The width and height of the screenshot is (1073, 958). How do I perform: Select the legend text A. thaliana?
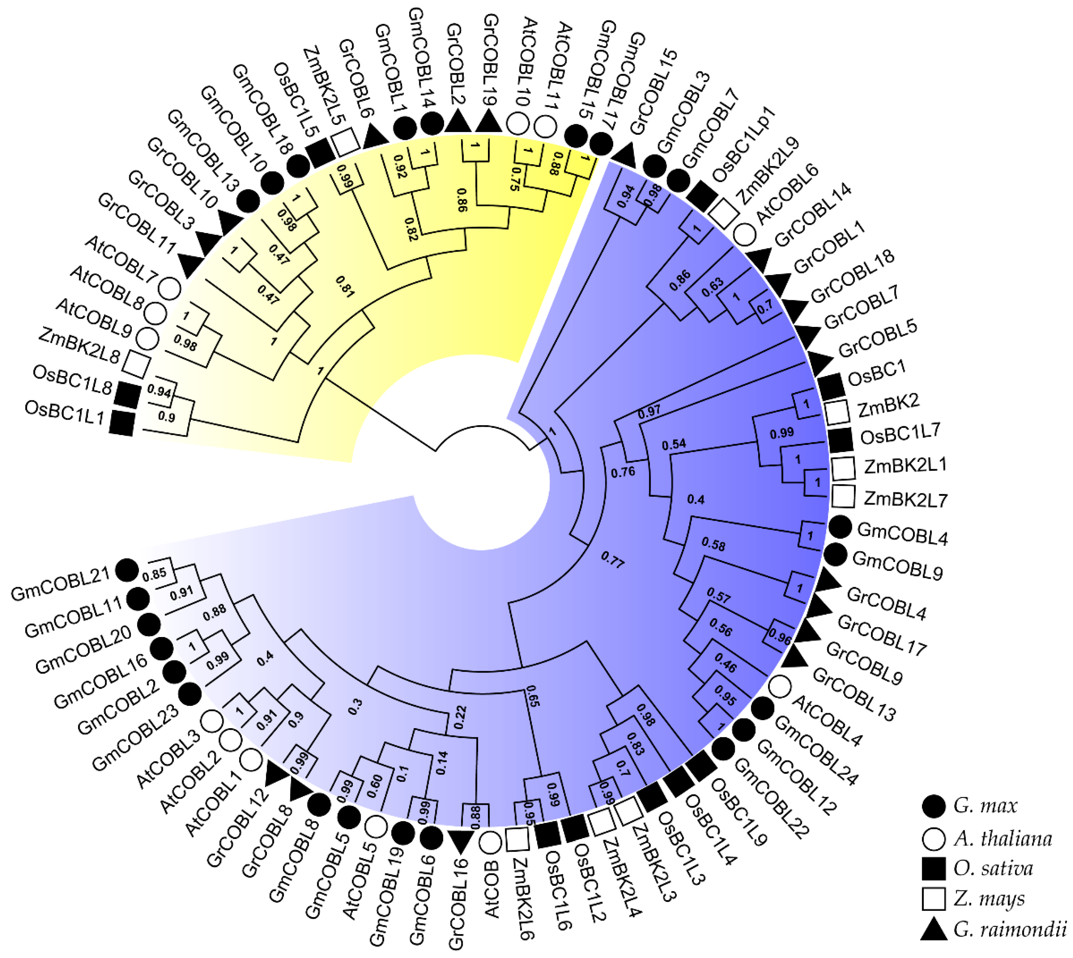tap(1002, 839)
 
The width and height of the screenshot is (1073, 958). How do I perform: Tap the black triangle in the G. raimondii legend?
tap(934, 929)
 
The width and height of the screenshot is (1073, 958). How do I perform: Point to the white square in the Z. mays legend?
tap(934, 899)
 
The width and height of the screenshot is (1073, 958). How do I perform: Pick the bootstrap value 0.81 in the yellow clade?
tap(345, 286)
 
